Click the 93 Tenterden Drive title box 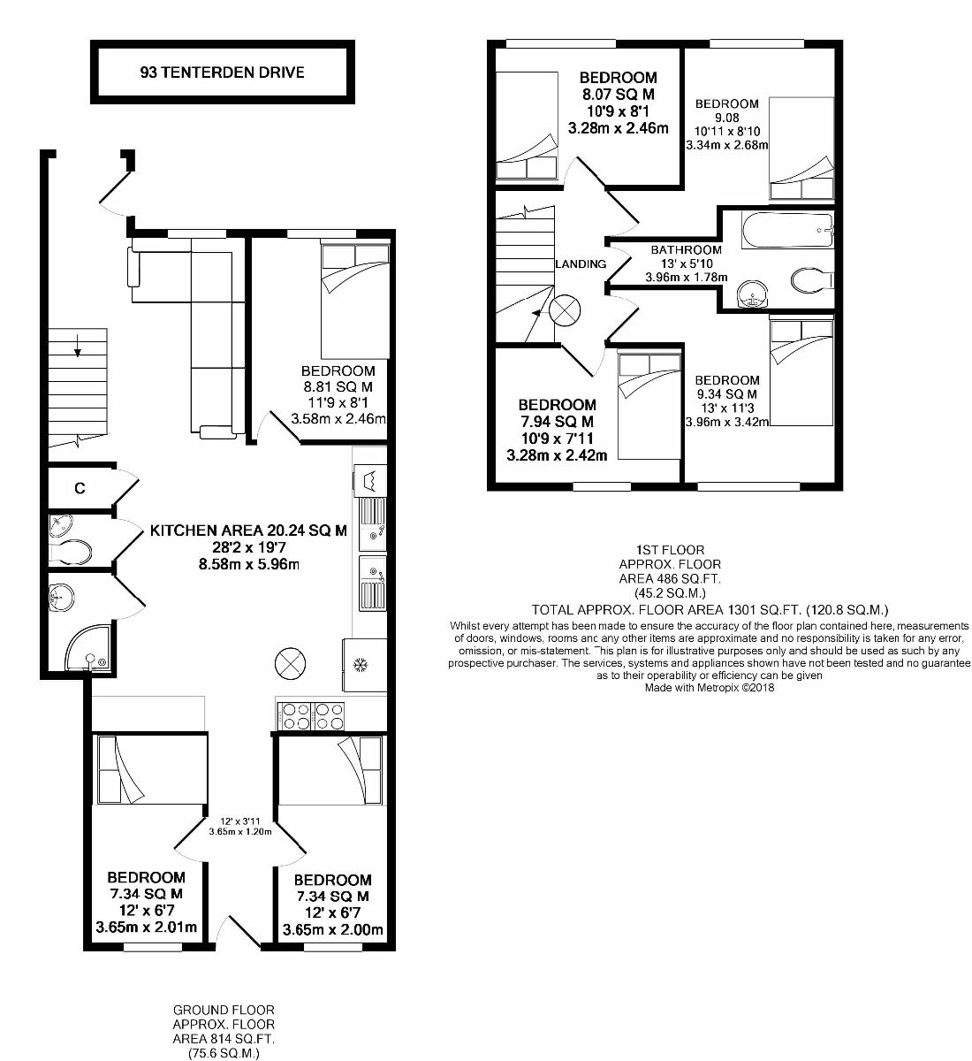point(222,73)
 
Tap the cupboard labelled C point(80,487)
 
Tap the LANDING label point(581,263)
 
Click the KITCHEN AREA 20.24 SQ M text point(248,531)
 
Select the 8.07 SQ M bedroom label point(618,94)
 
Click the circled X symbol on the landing point(565,310)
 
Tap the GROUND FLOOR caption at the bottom point(224,1010)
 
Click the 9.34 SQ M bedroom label point(727,394)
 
